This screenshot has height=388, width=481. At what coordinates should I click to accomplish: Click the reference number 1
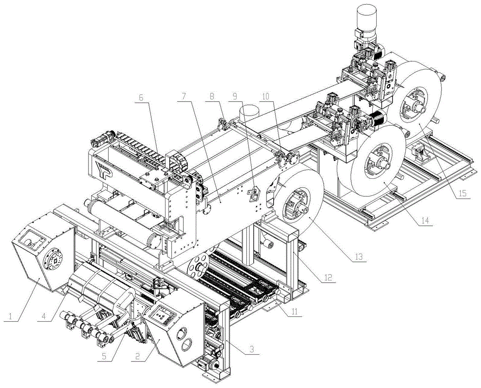(11, 315)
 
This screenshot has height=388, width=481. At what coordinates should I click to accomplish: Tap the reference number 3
(252, 349)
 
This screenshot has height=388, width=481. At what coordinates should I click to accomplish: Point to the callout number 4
(44, 315)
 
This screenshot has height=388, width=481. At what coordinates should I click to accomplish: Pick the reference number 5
(104, 356)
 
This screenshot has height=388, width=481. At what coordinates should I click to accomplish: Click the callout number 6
(141, 98)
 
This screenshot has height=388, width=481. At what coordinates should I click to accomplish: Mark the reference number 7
(183, 98)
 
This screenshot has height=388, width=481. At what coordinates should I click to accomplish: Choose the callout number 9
(235, 98)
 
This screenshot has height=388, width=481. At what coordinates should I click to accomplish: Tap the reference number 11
(294, 312)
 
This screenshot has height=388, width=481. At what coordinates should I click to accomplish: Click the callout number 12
(328, 277)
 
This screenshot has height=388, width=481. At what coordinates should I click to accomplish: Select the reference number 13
(359, 256)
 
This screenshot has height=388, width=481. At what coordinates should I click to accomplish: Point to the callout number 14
(425, 220)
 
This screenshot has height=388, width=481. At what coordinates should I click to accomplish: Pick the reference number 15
(463, 193)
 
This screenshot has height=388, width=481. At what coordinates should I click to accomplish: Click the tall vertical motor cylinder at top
(366, 18)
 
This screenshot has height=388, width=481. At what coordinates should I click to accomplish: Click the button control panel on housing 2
(165, 315)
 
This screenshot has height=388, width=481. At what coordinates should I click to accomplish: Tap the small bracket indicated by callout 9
(253, 193)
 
